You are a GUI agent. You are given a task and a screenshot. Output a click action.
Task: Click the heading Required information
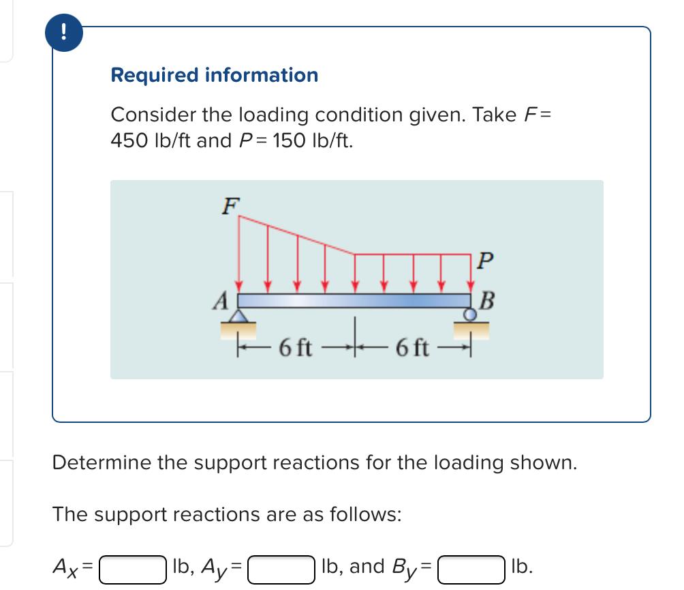[x=214, y=75]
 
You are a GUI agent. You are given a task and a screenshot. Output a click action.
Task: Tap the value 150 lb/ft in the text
[x=313, y=141]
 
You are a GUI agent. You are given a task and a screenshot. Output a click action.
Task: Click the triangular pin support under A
[x=238, y=315]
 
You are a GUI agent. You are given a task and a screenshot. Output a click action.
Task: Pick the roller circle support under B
[x=471, y=314]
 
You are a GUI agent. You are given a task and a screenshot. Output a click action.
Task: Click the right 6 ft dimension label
[x=412, y=349]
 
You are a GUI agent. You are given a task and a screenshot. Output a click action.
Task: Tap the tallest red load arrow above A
[x=238, y=252]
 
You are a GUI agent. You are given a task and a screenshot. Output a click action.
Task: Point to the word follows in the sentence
[x=365, y=514]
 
